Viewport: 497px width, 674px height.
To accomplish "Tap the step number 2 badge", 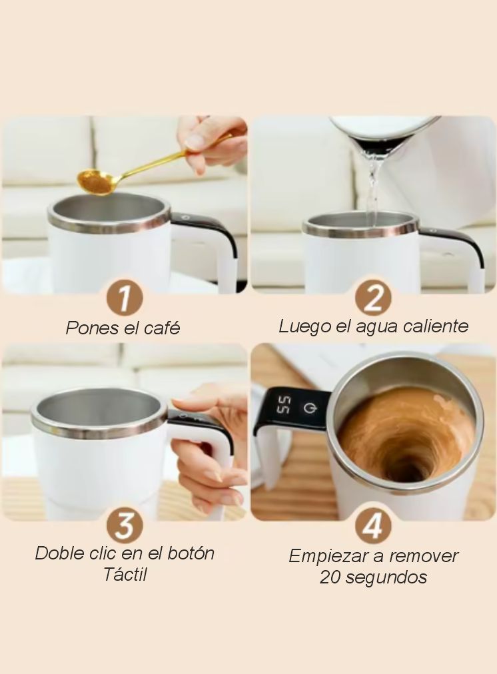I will click(x=373, y=297).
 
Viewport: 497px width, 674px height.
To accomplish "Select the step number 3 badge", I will click(x=125, y=526).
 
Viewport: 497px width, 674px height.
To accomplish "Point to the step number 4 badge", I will click(x=373, y=526).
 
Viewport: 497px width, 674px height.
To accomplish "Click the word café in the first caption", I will click(x=161, y=328).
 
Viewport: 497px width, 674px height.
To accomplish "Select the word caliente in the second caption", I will click(x=435, y=326).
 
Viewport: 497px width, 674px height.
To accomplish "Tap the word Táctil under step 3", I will click(x=125, y=574).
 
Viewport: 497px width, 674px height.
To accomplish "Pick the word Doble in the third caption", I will click(x=60, y=553).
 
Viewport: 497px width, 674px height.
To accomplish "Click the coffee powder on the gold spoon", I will click(x=95, y=182).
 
